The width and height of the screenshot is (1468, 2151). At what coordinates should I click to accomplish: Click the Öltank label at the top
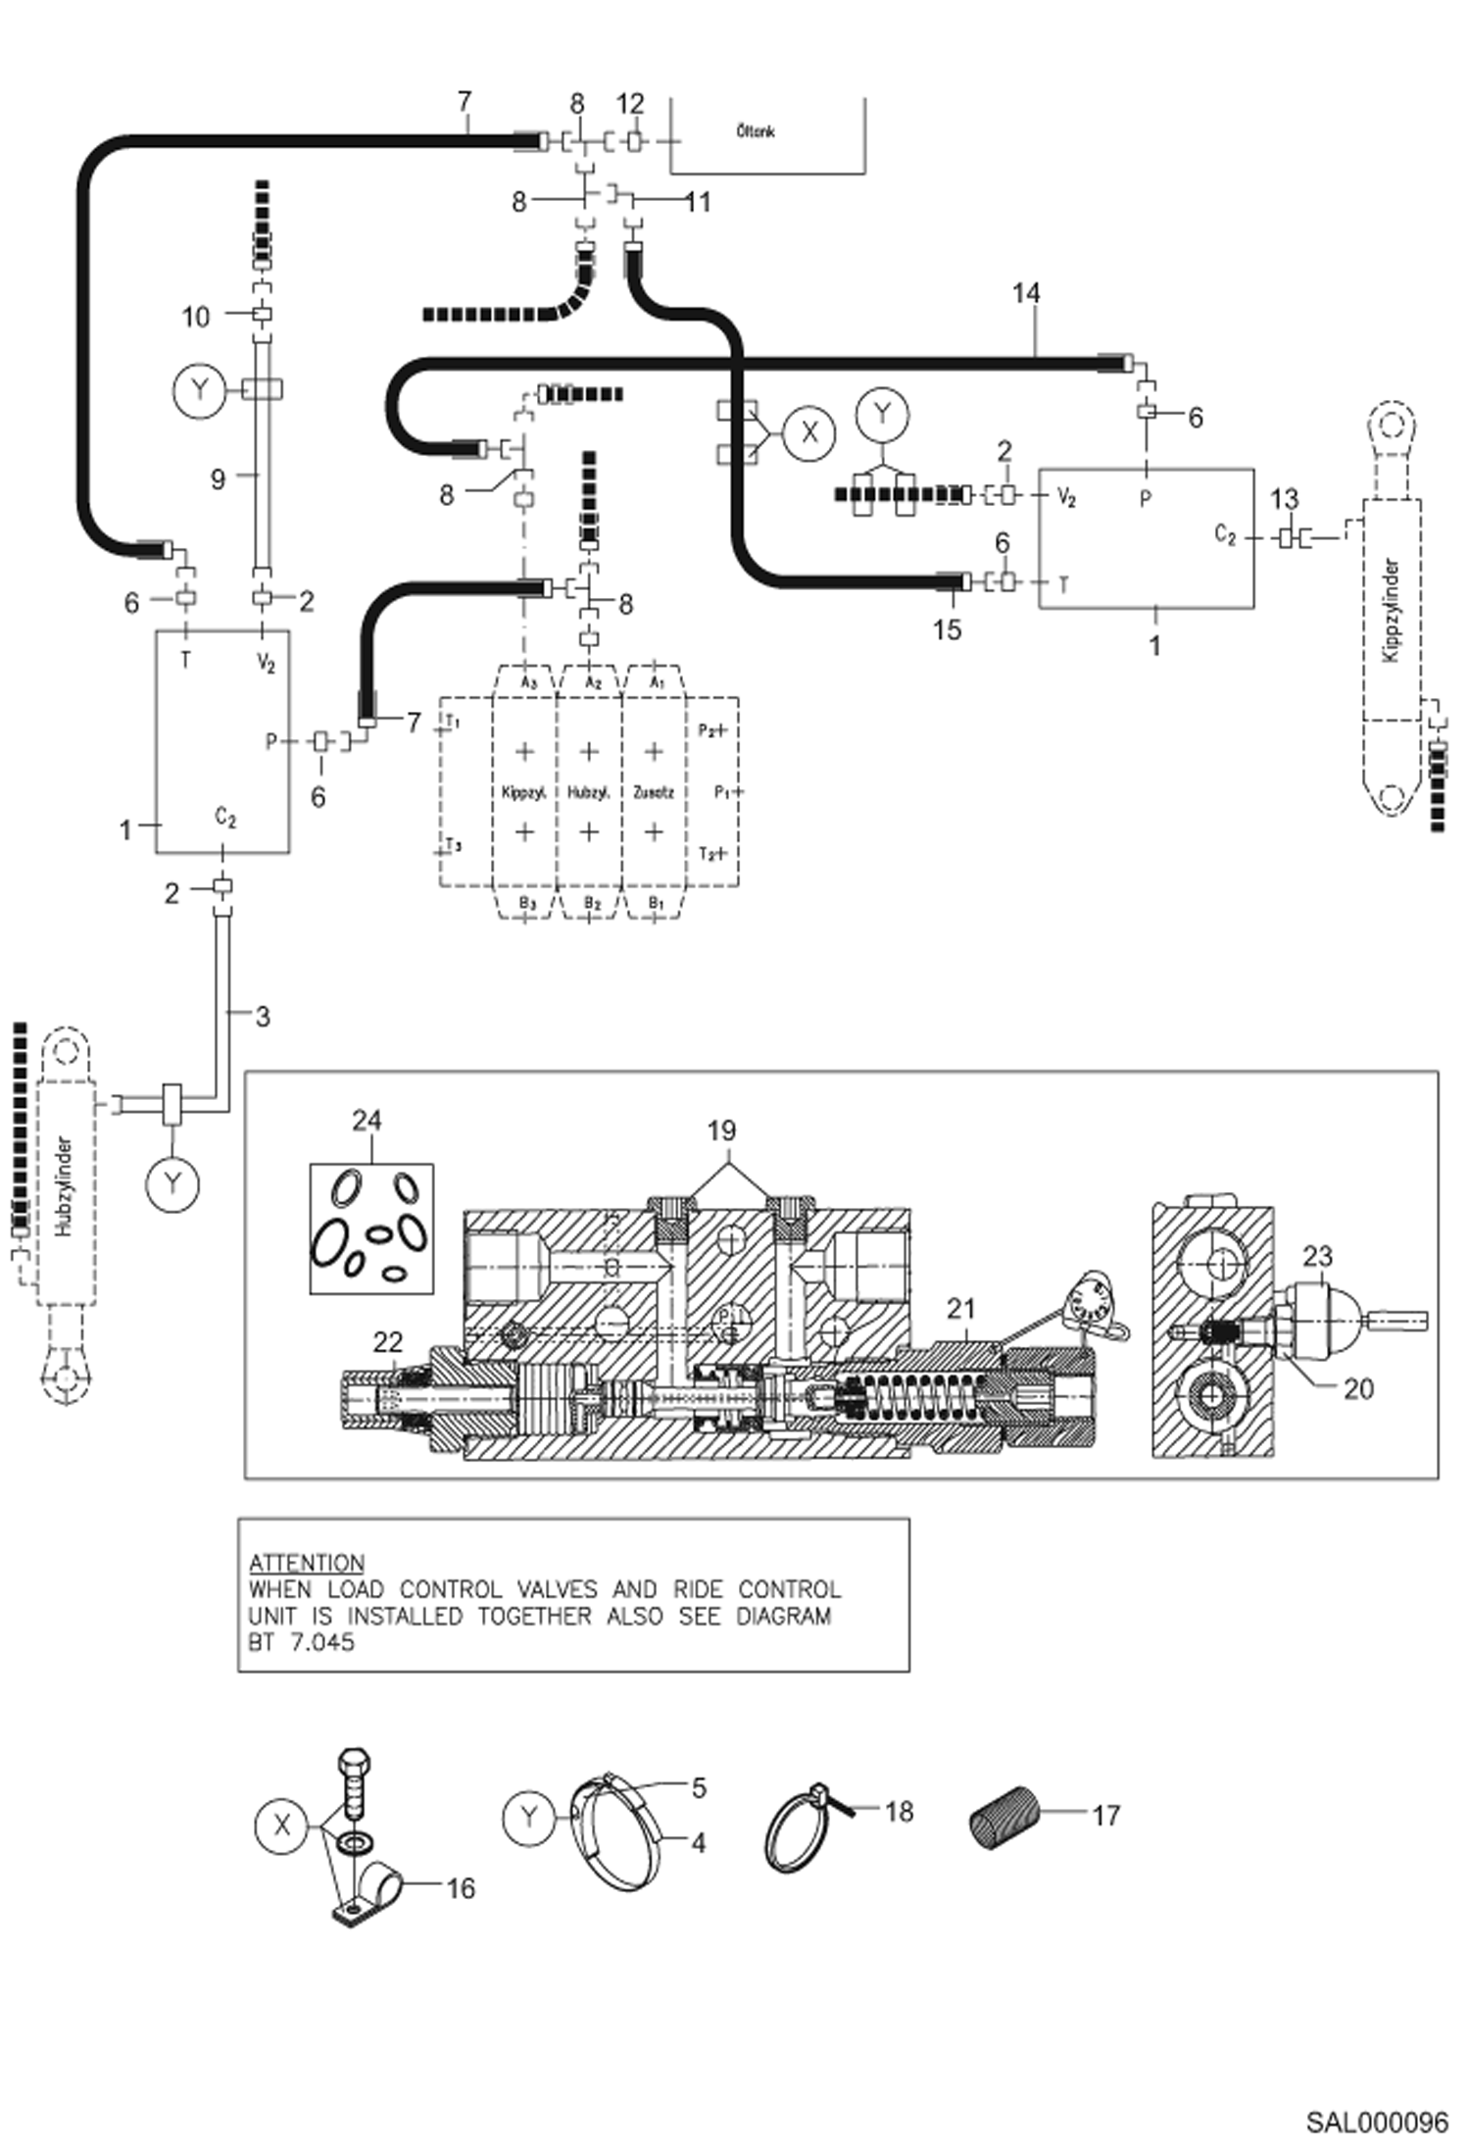pos(756,130)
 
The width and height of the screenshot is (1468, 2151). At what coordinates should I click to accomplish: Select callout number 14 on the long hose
pos(1026,293)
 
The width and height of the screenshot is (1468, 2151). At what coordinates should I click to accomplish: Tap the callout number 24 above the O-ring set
pos(367,1120)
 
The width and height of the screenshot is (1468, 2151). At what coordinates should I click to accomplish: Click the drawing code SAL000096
pos(1376,2122)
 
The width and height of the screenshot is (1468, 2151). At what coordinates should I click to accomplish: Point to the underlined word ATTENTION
pos(307,1563)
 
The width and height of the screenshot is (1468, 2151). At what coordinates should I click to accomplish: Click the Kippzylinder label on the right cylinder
pos(1391,611)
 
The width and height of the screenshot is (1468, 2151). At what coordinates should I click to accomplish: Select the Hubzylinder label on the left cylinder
pos(65,1187)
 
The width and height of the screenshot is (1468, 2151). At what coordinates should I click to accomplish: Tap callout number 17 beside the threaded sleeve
pos(1105,1816)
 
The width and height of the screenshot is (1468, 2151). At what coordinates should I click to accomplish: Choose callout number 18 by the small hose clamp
pos(899,1811)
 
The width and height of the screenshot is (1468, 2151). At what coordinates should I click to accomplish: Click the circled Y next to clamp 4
pos(529,1817)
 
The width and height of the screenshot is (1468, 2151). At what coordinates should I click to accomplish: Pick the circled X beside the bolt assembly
pos(282,1825)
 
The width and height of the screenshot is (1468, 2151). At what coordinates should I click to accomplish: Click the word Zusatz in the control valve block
pos(653,791)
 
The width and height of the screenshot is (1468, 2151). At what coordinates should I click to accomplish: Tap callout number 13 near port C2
pos(1284,499)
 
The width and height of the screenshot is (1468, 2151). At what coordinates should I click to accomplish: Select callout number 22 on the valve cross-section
pos(388,1342)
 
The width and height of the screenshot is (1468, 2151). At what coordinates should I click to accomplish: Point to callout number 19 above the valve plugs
pos(721,1130)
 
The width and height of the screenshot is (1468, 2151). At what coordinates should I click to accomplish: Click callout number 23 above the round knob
pos(1318,1256)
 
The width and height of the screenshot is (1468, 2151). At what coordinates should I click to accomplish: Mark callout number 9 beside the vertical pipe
pos(218,478)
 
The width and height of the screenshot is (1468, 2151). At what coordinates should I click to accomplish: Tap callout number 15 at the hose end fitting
pos(947,629)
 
